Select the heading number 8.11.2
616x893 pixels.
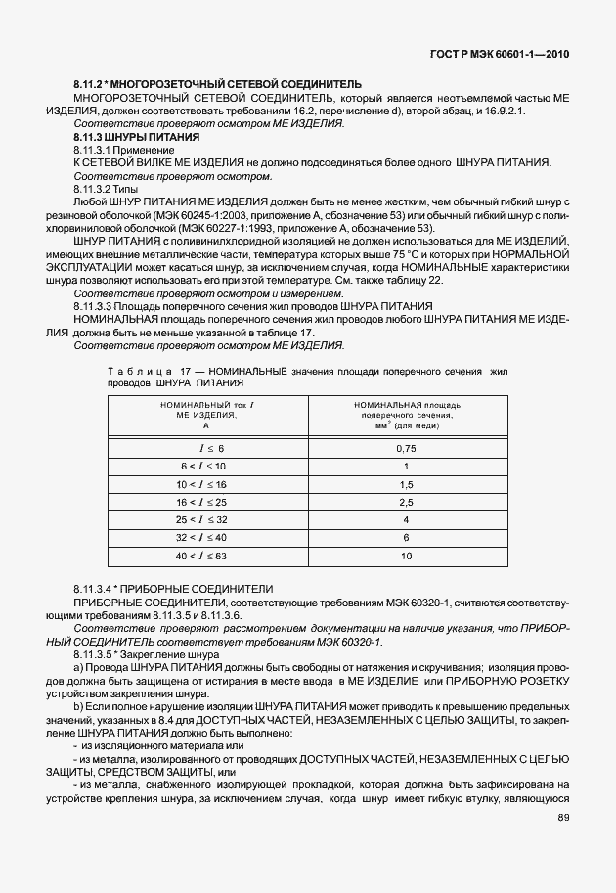tap(89, 86)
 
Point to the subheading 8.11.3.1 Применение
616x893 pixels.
tap(121, 150)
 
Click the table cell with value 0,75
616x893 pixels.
tap(406, 447)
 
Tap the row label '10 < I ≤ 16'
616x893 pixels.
tap(201, 484)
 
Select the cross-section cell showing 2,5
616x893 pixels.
tap(406, 502)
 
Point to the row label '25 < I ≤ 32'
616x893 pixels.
tap(201, 520)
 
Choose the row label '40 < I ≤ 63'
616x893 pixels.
tap(201, 556)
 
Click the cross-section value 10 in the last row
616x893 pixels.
tap(406, 556)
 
